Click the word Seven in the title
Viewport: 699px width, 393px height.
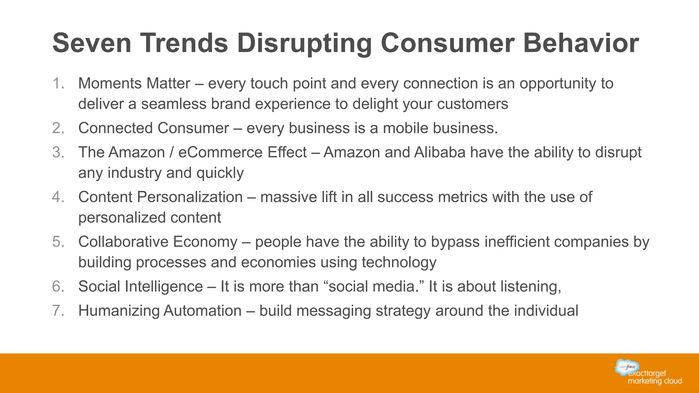92,43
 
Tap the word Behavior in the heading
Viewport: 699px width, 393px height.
581,43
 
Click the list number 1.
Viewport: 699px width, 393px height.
58,83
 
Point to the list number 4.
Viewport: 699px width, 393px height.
58,197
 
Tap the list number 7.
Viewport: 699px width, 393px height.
58,310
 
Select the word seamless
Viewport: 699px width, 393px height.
174,104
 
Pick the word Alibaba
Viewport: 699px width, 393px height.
440,152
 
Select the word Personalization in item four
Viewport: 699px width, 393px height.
190,197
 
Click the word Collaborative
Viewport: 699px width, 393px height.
123,242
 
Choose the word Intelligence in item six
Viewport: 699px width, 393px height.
164,287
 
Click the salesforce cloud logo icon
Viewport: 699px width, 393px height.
627,367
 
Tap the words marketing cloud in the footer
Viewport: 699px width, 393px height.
655,381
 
